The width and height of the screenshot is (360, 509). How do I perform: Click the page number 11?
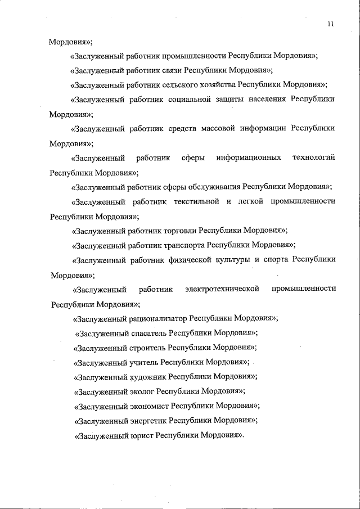[330, 24]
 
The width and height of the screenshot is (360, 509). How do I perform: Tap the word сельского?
[180, 85]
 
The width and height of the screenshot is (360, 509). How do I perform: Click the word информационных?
[249, 157]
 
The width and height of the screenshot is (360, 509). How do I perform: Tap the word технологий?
[313, 157]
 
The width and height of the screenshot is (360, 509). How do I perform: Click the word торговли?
[180, 231]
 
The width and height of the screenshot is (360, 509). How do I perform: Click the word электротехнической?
[222, 289]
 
